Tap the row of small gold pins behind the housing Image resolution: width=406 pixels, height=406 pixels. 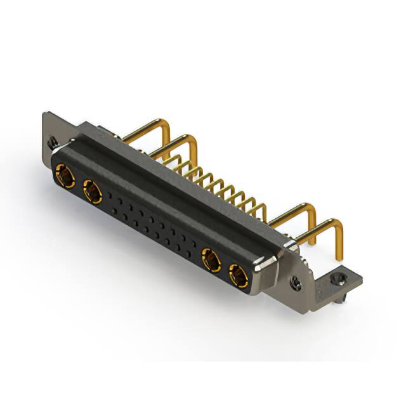click(222, 184)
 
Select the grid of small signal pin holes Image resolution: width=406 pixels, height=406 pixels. click(152, 222)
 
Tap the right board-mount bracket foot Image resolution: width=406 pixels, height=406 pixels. click(343, 279)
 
